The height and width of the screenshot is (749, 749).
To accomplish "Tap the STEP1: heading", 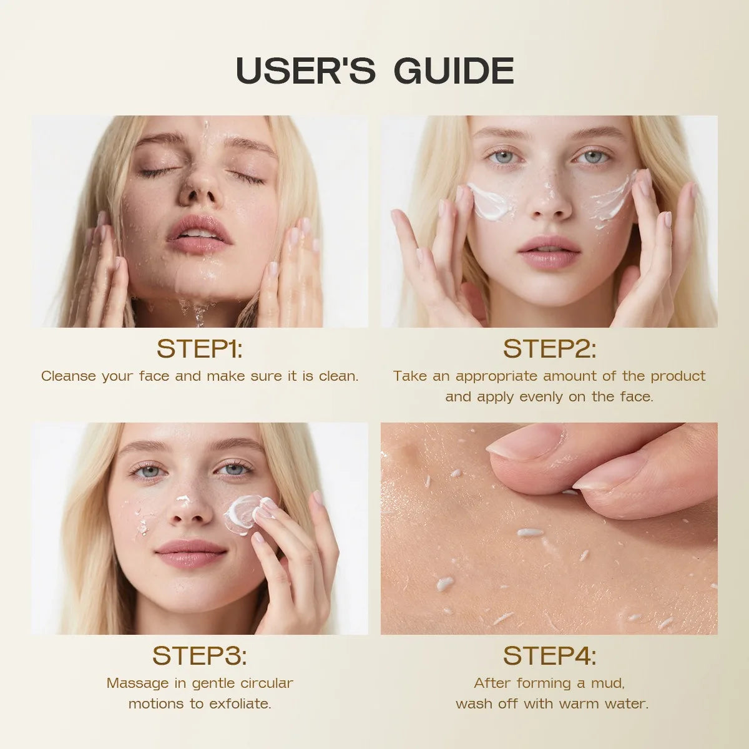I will [200, 348].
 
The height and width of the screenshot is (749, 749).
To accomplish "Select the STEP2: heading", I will [549, 348].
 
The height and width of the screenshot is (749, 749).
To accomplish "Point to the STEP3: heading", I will [200, 655].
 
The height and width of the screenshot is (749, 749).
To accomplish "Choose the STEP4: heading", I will [549, 655].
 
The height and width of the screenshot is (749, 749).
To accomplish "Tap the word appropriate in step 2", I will [497, 376].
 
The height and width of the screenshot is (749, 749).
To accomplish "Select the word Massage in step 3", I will [137, 683].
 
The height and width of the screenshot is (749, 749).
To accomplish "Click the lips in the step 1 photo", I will [198, 232].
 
